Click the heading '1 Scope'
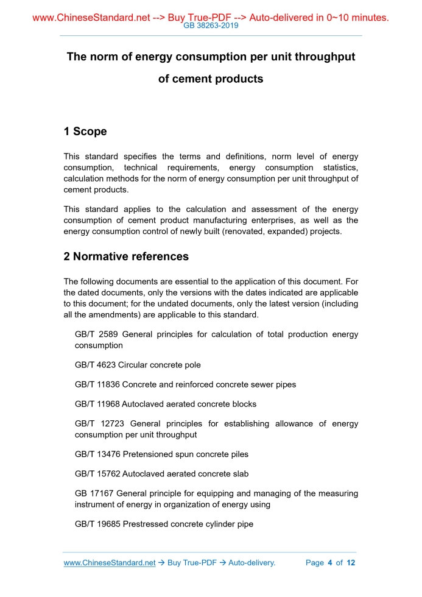coord(85,132)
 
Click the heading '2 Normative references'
coord(126,256)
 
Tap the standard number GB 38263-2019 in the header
coord(211,26)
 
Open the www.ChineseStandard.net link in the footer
coord(110,563)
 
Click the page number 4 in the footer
coord(329,563)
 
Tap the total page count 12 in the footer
coord(351,563)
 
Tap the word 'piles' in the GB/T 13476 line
coord(237,454)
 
